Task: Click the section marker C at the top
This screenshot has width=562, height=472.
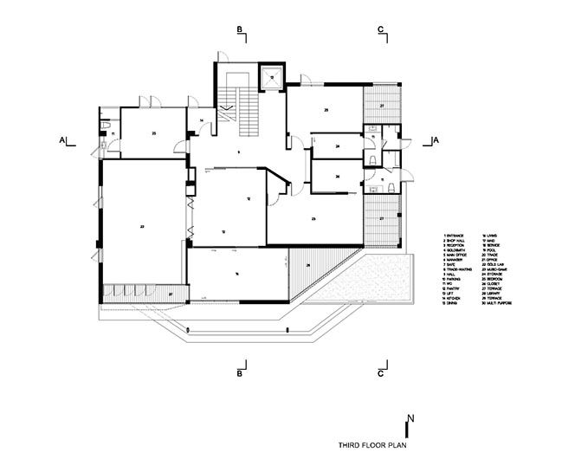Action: (380, 31)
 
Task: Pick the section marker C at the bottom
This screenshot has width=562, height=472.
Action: (380, 373)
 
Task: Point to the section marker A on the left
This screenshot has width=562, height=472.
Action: (61, 139)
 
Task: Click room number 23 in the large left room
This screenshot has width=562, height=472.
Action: (141, 226)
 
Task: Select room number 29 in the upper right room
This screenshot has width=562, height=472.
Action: (326, 111)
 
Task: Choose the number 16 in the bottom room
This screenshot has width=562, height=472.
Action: (236, 274)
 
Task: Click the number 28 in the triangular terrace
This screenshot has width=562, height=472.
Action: (307, 265)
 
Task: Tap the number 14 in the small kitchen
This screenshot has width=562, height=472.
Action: (200, 120)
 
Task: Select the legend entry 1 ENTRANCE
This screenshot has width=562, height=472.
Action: (455, 236)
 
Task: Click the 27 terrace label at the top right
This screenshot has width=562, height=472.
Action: (381, 105)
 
